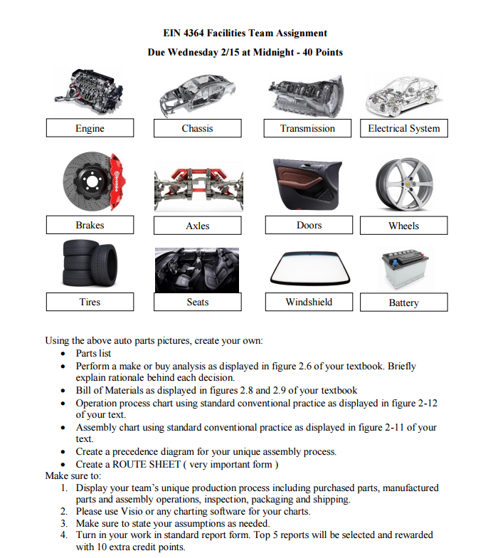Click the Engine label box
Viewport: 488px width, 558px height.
(x=90, y=128)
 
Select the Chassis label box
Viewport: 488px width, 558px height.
(x=197, y=128)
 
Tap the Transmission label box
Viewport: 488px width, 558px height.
(x=307, y=128)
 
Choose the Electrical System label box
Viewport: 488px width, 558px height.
(x=403, y=128)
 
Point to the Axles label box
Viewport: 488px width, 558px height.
(x=197, y=226)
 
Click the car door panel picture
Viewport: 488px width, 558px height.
(x=308, y=183)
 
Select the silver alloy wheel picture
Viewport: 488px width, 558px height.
(x=404, y=184)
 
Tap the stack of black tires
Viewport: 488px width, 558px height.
(x=89, y=264)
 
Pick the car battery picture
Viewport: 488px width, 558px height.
(x=403, y=269)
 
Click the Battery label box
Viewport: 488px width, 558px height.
(x=403, y=302)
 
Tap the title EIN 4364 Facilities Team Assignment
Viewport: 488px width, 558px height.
(x=245, y=33)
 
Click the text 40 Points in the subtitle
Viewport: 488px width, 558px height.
(x=319, y=52)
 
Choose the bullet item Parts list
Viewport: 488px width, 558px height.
(x=93, y=353)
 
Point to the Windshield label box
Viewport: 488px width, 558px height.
(x=309, y=302)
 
